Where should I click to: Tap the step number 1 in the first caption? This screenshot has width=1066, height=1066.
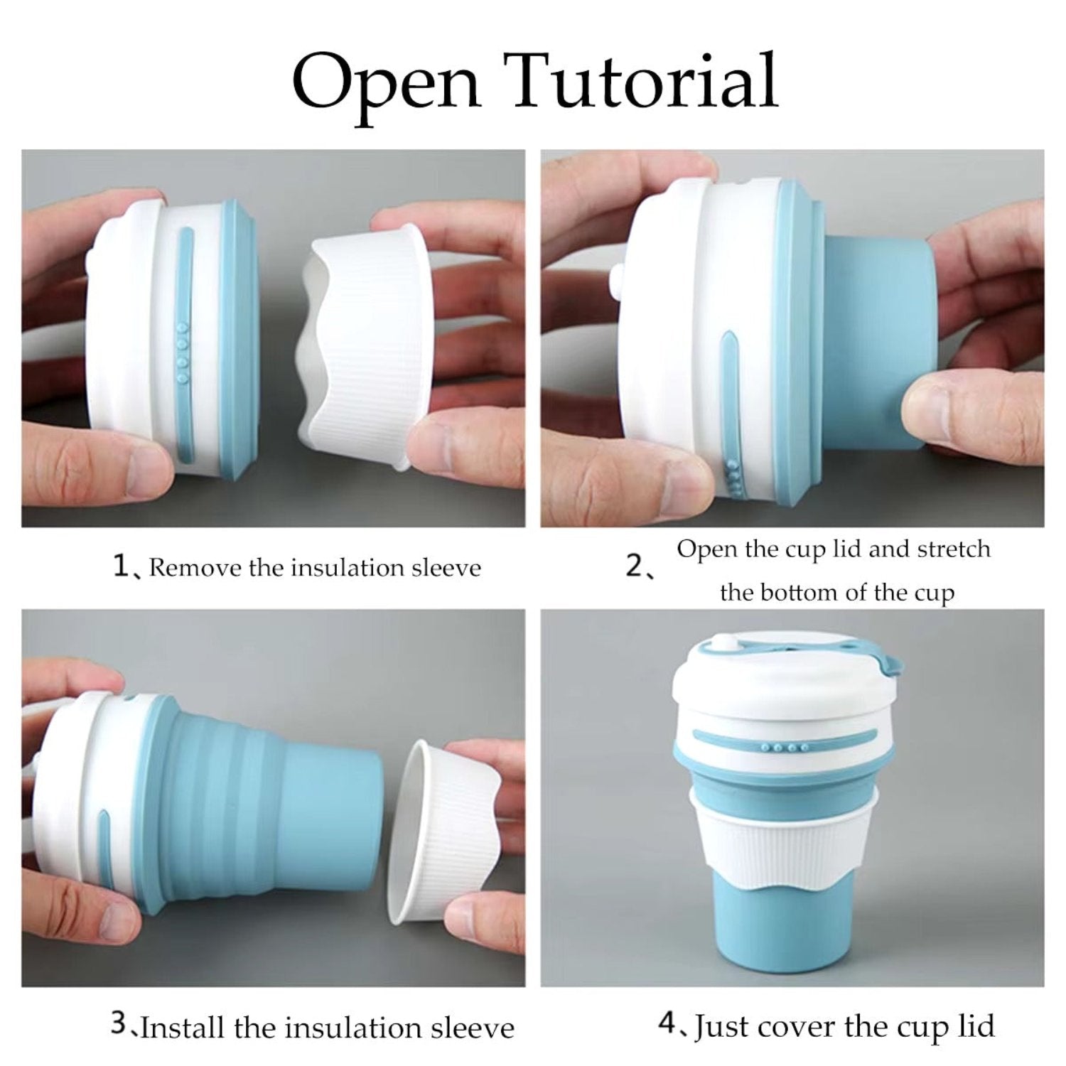tap(121, 566)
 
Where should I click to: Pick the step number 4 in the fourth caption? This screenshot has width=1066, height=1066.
tap(666, 1024)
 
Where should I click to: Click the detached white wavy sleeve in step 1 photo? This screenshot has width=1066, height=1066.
tap(362, 348)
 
